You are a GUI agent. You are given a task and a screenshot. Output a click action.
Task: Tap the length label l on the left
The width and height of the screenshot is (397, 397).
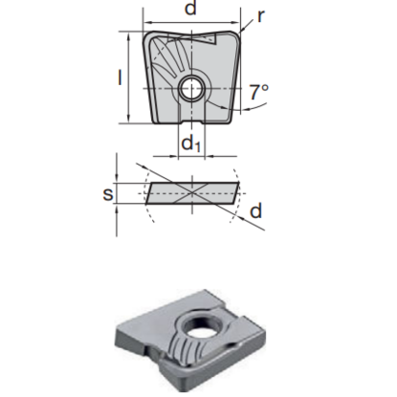point(119,77)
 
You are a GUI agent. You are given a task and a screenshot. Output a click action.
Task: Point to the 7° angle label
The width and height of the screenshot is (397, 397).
point(257,94)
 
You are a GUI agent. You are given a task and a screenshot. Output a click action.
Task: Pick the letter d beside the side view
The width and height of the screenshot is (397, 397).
point(257,210)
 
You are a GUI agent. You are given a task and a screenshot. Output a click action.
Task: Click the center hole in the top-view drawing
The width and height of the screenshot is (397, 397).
point(192,89)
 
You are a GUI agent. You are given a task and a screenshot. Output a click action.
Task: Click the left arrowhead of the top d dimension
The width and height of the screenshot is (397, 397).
point(147,22)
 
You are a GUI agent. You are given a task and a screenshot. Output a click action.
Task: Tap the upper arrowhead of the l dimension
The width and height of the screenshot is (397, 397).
point(129,35)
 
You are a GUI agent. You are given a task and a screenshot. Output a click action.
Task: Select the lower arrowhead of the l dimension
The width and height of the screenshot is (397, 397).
point(129,121)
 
